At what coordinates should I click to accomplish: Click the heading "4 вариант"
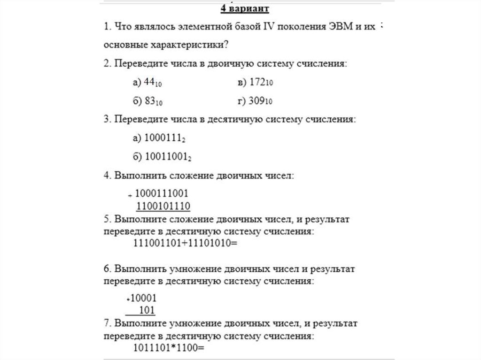[245, 9]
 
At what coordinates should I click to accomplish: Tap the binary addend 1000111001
[162, 193]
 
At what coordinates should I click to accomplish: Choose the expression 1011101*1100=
[169, 348]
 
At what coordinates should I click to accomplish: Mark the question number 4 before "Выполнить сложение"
[106, 176]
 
